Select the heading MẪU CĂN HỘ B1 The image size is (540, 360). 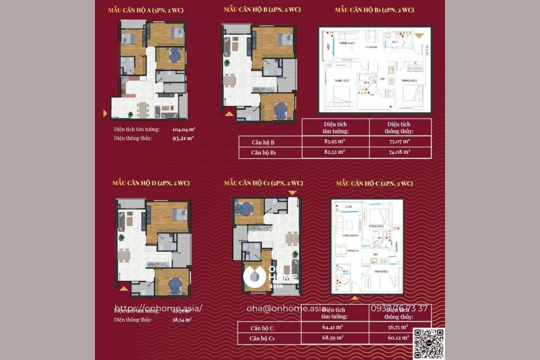[x=374, y=9]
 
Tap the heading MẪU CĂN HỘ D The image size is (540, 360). [x=151, y=183]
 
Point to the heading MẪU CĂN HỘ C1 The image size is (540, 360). [x=263, y=183]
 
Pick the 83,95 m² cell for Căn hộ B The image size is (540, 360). [x=335, y=142]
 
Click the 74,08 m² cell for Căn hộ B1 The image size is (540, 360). [x=400, y=152]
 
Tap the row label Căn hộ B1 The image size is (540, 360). [x=264, y=153]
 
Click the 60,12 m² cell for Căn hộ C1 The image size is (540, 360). [x=399, y=337]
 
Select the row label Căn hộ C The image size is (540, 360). [x=262, y=328]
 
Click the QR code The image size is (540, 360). [x=428, y=344]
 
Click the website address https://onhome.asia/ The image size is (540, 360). [x=158, y=308]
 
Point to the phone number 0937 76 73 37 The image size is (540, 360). [x=399, y=308]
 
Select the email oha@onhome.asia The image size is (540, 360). [x=286, y=308]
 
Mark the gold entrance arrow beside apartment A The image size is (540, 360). [x=105, y=113]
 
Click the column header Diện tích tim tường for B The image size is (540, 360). [x=335, y=127]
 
